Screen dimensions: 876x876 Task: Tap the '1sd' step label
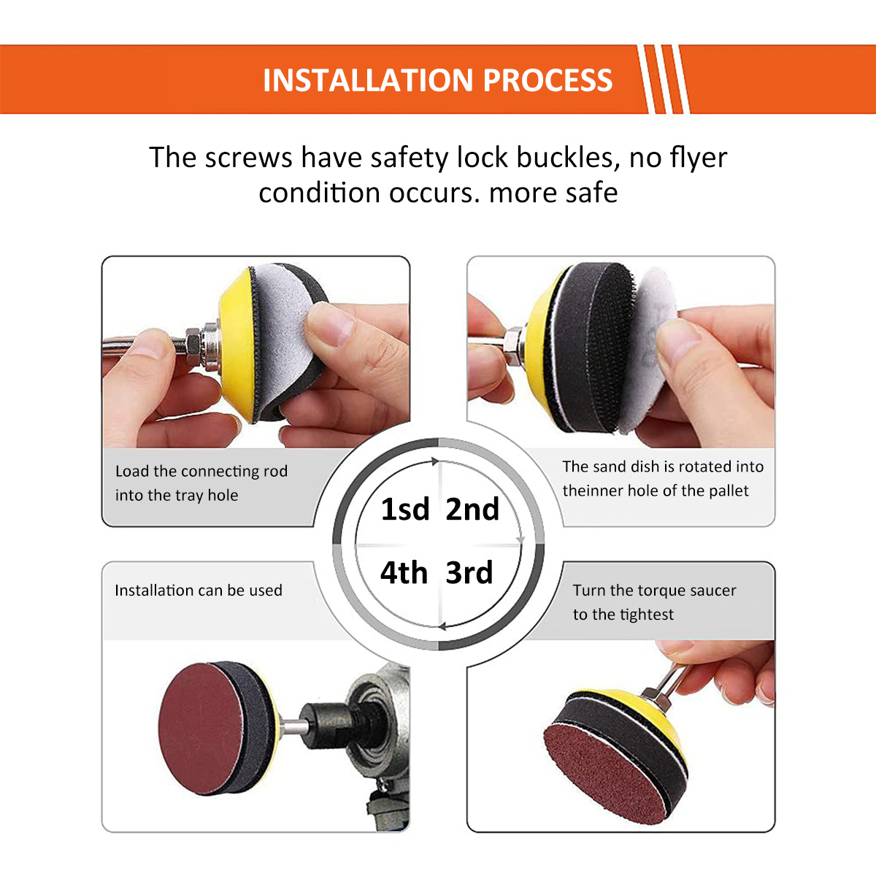pos(405,509)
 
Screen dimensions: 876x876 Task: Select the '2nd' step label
pos(472,509)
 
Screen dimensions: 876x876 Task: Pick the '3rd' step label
pos(469,572)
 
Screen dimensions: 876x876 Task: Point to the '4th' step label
pos(404,572)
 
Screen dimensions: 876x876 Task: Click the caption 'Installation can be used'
pos(198,590)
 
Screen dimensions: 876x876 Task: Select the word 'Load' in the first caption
pos(131,471)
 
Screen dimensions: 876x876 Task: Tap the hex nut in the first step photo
pos(193,347)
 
